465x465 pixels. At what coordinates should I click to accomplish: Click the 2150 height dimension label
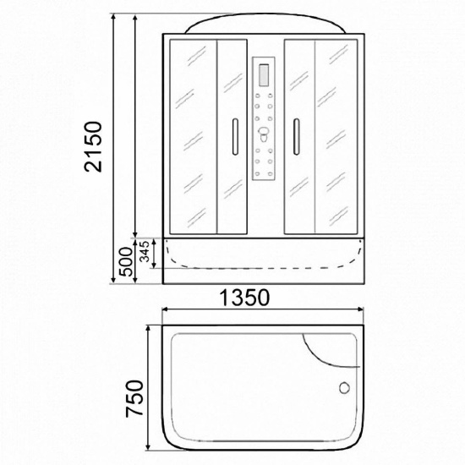pyautogui.click(x=93, y=146)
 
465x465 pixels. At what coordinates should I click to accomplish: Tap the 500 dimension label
pyautogui.click(x=126, y=261)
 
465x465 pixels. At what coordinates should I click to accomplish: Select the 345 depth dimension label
pyautogui.click(x=145, y=251)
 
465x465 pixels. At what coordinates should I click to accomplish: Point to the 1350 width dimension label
pyautogui.click(x=244, y=298)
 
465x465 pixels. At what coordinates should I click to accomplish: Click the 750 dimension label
pyautogui.click(x=134, y=398)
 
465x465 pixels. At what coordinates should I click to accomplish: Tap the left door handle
pyautogui.click(x=235, y=137)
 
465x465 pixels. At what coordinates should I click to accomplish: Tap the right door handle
pyautogui.click(x=296, y=137)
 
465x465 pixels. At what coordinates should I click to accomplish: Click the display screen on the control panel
pyautogui.click(x=264, y=75)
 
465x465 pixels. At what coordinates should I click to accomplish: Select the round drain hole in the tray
pyautogui.click(x=344, y=388)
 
